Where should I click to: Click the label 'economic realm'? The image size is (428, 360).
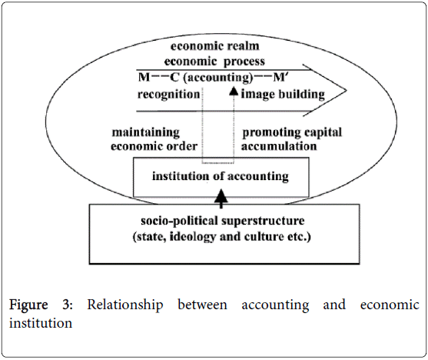point(215,46)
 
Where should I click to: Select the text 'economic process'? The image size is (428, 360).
point(214,62)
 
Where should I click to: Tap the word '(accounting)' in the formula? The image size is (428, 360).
point(218,78)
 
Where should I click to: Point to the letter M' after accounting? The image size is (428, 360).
point(279,78)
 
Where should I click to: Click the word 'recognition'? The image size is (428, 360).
point(169,95)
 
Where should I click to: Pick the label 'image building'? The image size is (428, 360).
point(283,95)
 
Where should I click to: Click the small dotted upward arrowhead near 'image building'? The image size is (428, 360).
point(234,91)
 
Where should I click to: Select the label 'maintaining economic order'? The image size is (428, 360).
point(154,139)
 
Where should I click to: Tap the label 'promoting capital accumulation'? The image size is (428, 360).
point(291,139)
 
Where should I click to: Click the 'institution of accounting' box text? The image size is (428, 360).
point(221,176)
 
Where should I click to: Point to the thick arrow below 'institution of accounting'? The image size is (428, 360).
point(221,198)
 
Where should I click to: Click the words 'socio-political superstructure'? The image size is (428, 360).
point(223,221)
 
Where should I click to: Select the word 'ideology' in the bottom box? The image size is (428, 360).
point(193,237)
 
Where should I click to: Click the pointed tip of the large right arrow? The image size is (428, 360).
point(347,91)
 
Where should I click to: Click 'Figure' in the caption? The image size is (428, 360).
point(28,305)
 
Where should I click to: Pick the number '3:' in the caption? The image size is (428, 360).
point(68,305)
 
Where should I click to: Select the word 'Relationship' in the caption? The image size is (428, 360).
point(125,305)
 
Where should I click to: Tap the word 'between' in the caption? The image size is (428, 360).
point(202,305)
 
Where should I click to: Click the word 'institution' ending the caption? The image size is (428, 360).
point(41,323)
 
